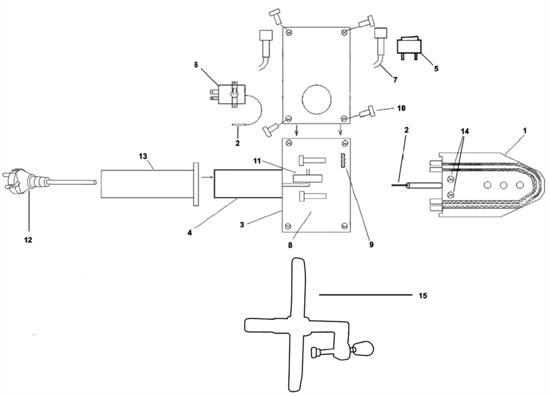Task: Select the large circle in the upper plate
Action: pyautogui.click(x=317, y=100)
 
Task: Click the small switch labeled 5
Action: pyautogui.click(x=409, y=49)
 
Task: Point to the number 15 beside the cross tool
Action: pyautogui.click(x=422, y=296)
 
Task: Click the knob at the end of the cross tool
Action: pyautogui.click(x=363, y=349)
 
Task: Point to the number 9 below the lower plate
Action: pyautogui.click(x=371, y=245)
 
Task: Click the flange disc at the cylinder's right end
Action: pyautogui.click(x=196, y=183)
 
